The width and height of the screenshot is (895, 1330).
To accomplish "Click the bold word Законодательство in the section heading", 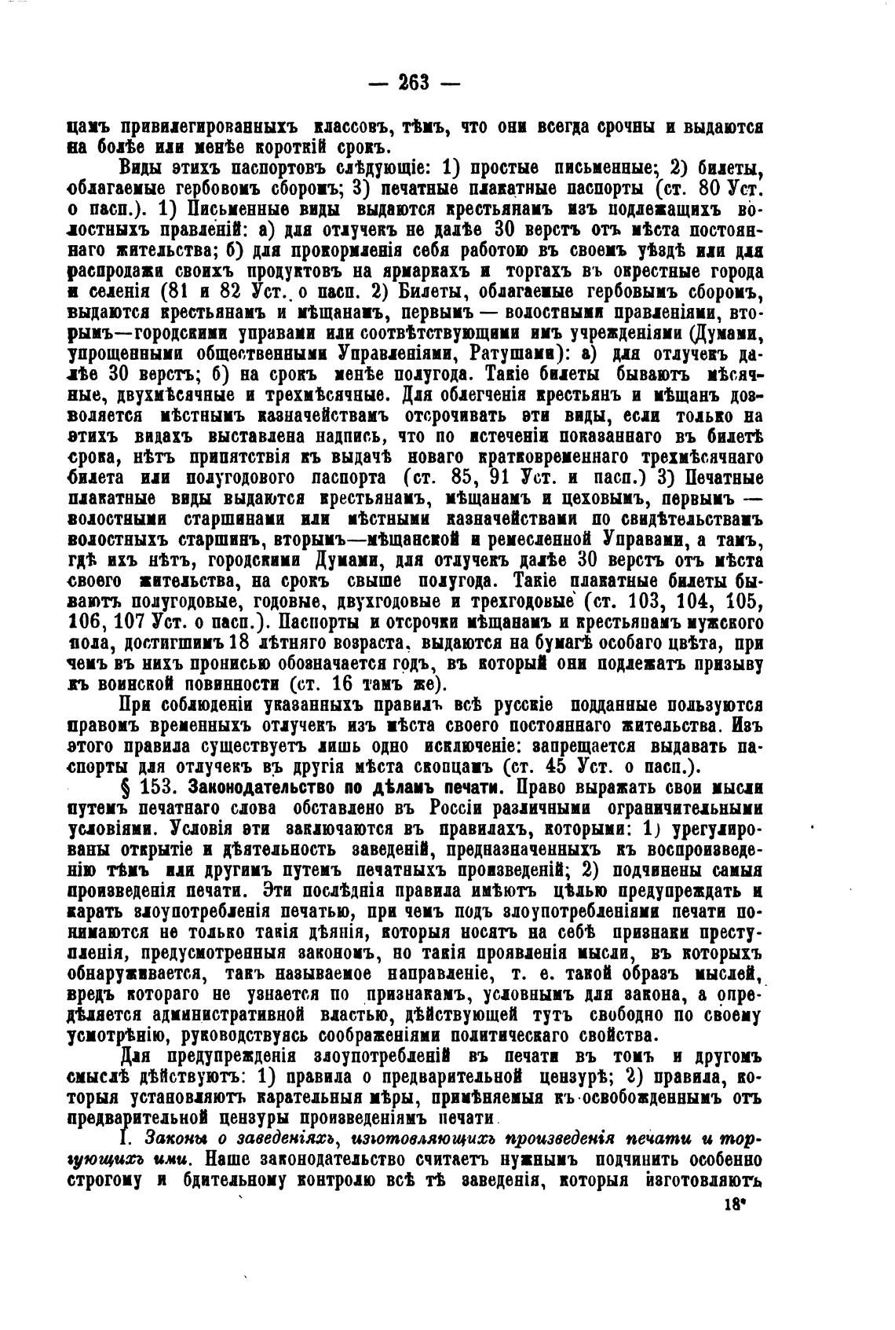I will tap(263, 787).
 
